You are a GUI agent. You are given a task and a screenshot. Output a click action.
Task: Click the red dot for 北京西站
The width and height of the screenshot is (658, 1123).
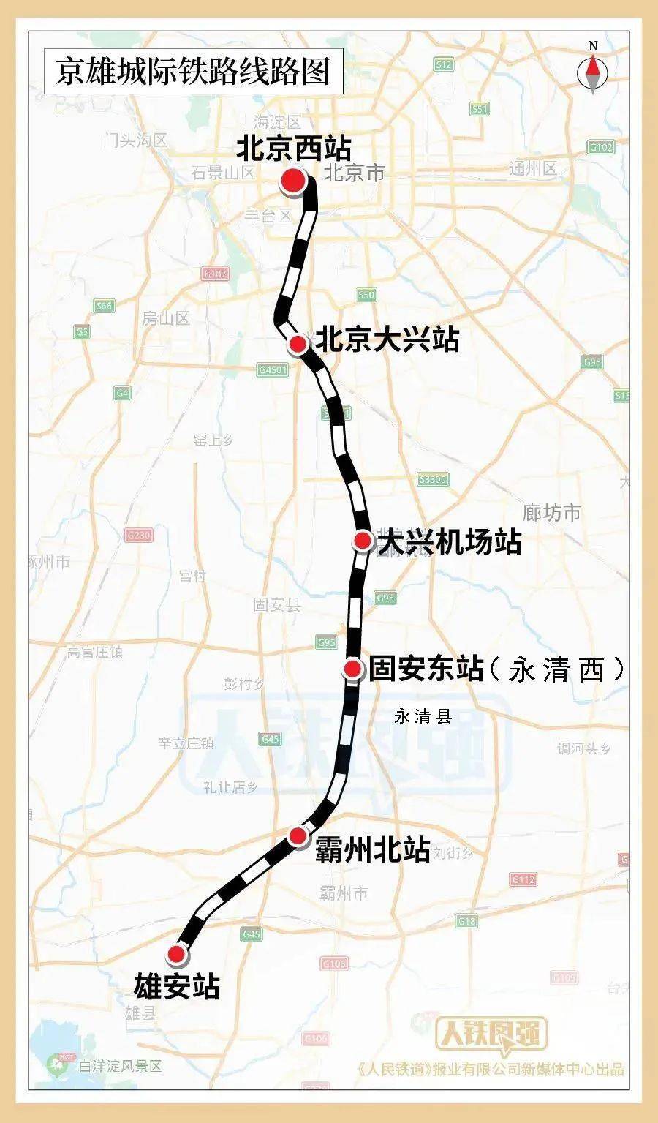pyautogui.click(x=293, y=181)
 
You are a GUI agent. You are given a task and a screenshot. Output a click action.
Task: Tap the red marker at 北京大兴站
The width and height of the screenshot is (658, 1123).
pyautogui.click(x=298, y=344)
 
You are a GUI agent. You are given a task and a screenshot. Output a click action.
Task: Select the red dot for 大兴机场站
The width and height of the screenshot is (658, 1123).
pyautogui.click(x=362, y=541)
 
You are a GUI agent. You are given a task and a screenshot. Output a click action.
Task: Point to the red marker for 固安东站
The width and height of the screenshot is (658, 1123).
pyautogui.click(x=353, y=668)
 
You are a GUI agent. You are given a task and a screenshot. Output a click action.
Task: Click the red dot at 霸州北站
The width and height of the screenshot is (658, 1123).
pyautogui.click(x=298, y=835)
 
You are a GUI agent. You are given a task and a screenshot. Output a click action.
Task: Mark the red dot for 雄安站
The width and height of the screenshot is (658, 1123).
pyautogui.click(x=176, y=954)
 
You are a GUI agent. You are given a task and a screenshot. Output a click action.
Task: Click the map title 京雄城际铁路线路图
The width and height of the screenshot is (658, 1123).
pyautogui.click(x=193, y=72)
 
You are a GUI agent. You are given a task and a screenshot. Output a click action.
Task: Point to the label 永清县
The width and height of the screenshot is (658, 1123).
pyautogui.click(x=423, y=717)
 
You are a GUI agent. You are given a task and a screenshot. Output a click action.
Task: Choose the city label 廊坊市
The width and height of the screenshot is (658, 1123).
pyautogui.click(x=551, y=512)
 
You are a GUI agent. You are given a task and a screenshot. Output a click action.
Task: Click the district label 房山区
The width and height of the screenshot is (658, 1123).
pyautogui.click(x=166, y=318)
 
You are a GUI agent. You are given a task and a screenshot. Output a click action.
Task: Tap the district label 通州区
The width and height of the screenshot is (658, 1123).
pyautogui.click(x=533, y=169)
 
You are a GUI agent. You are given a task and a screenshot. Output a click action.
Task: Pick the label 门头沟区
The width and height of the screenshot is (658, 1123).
pyautogui.click(x=136, y=139)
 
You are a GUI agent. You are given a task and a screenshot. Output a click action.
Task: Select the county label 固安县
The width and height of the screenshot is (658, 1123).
pyautogui.click(x=277, y=604)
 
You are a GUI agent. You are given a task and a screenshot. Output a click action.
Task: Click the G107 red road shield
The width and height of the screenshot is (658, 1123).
pyautogui.click(x=214, y=274)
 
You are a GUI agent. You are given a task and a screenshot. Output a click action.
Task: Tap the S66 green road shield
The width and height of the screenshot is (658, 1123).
pyautogui.click(x=104, y=306)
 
